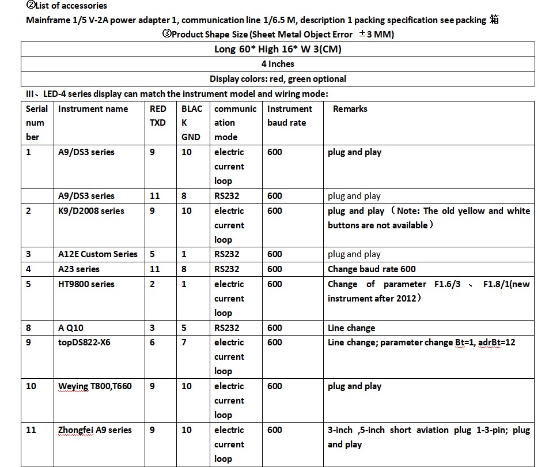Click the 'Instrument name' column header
coord(93,109)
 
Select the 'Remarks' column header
coord(350,109)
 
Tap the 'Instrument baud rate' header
coord(289,115)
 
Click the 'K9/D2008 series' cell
coord(91,211)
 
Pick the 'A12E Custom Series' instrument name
coord(98,254)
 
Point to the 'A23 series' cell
coord(79,269)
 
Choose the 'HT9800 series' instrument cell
coord(86,284)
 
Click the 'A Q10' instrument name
coord(71,328)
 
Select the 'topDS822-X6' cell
coord(84,342)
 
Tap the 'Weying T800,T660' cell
coord(95,386)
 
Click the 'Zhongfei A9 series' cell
coord(95,430)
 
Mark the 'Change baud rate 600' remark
coord(372,269)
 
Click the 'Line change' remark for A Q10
coord(351,328)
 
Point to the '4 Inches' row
coord(278,64)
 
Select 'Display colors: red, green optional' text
coord(278,79)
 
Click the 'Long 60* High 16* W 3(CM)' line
coord(278,49)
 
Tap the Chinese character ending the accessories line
coord(494,20)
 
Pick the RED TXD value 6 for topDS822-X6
coord(152,342)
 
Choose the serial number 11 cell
coord(31,430)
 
